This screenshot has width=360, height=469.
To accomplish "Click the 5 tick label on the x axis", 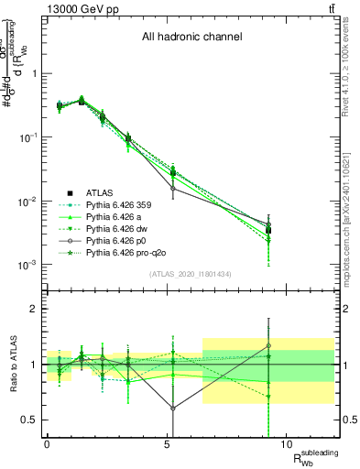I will (x=167, y=444).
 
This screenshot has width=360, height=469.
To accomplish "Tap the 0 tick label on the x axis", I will (x=48, y=444).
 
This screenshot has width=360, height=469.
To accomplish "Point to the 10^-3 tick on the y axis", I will (x=27, y=265).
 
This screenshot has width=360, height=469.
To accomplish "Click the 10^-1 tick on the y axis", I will (x=27, y=137).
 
